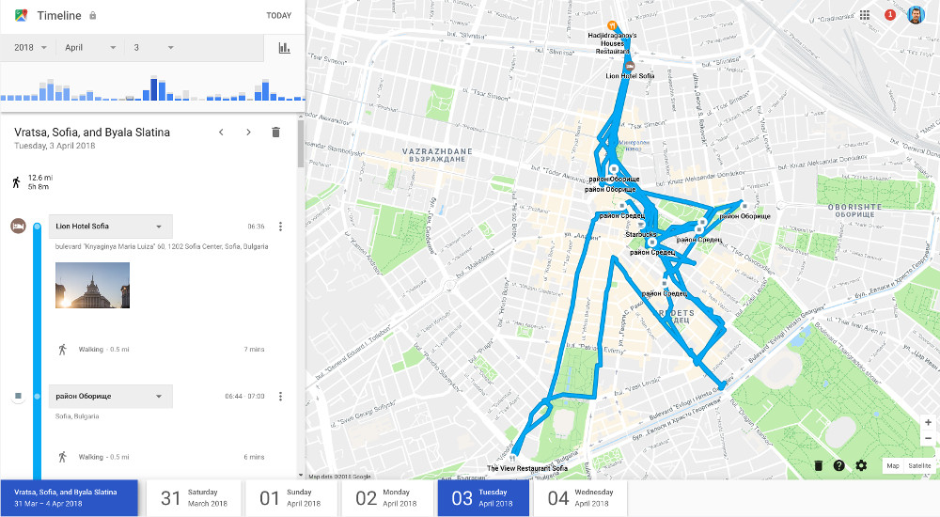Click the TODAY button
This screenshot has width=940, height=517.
tap(278, 16)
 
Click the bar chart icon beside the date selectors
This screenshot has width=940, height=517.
tap(284, 48)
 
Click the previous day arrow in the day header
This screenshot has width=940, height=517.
tap(221, 133)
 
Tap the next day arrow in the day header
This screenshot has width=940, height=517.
tap(248, 133)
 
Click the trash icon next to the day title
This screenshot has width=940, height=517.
tap(275, 133)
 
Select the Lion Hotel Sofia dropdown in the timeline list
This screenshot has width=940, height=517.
tap(110, 227)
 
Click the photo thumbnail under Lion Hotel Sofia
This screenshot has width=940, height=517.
tap(92, 286)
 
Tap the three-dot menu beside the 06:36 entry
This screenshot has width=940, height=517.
tap(280, 227)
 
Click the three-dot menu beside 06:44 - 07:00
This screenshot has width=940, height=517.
tap(280, 397)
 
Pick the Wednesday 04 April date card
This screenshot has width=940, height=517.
tap(580, 498)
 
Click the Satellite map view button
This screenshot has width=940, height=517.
tap(919, 465)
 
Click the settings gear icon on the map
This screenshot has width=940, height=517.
tap(861, 465)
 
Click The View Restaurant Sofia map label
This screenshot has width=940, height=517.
tap(527, 468)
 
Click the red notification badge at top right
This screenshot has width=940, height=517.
tap(890, 15)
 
